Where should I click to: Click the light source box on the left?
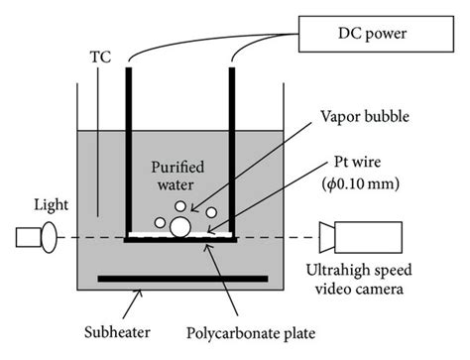(x=29, y=238)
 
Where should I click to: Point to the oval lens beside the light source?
(x=49, y=238)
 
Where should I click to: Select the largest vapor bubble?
(x=180, y=227)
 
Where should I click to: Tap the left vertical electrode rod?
(x=128, y=149)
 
